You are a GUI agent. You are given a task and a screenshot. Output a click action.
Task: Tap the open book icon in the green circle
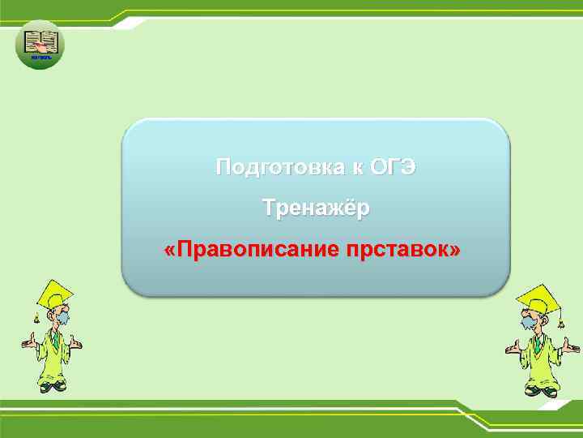(40, 40)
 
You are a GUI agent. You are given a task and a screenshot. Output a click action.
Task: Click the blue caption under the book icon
(40, 58)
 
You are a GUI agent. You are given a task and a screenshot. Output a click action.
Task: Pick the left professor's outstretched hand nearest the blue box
(77, 344)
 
